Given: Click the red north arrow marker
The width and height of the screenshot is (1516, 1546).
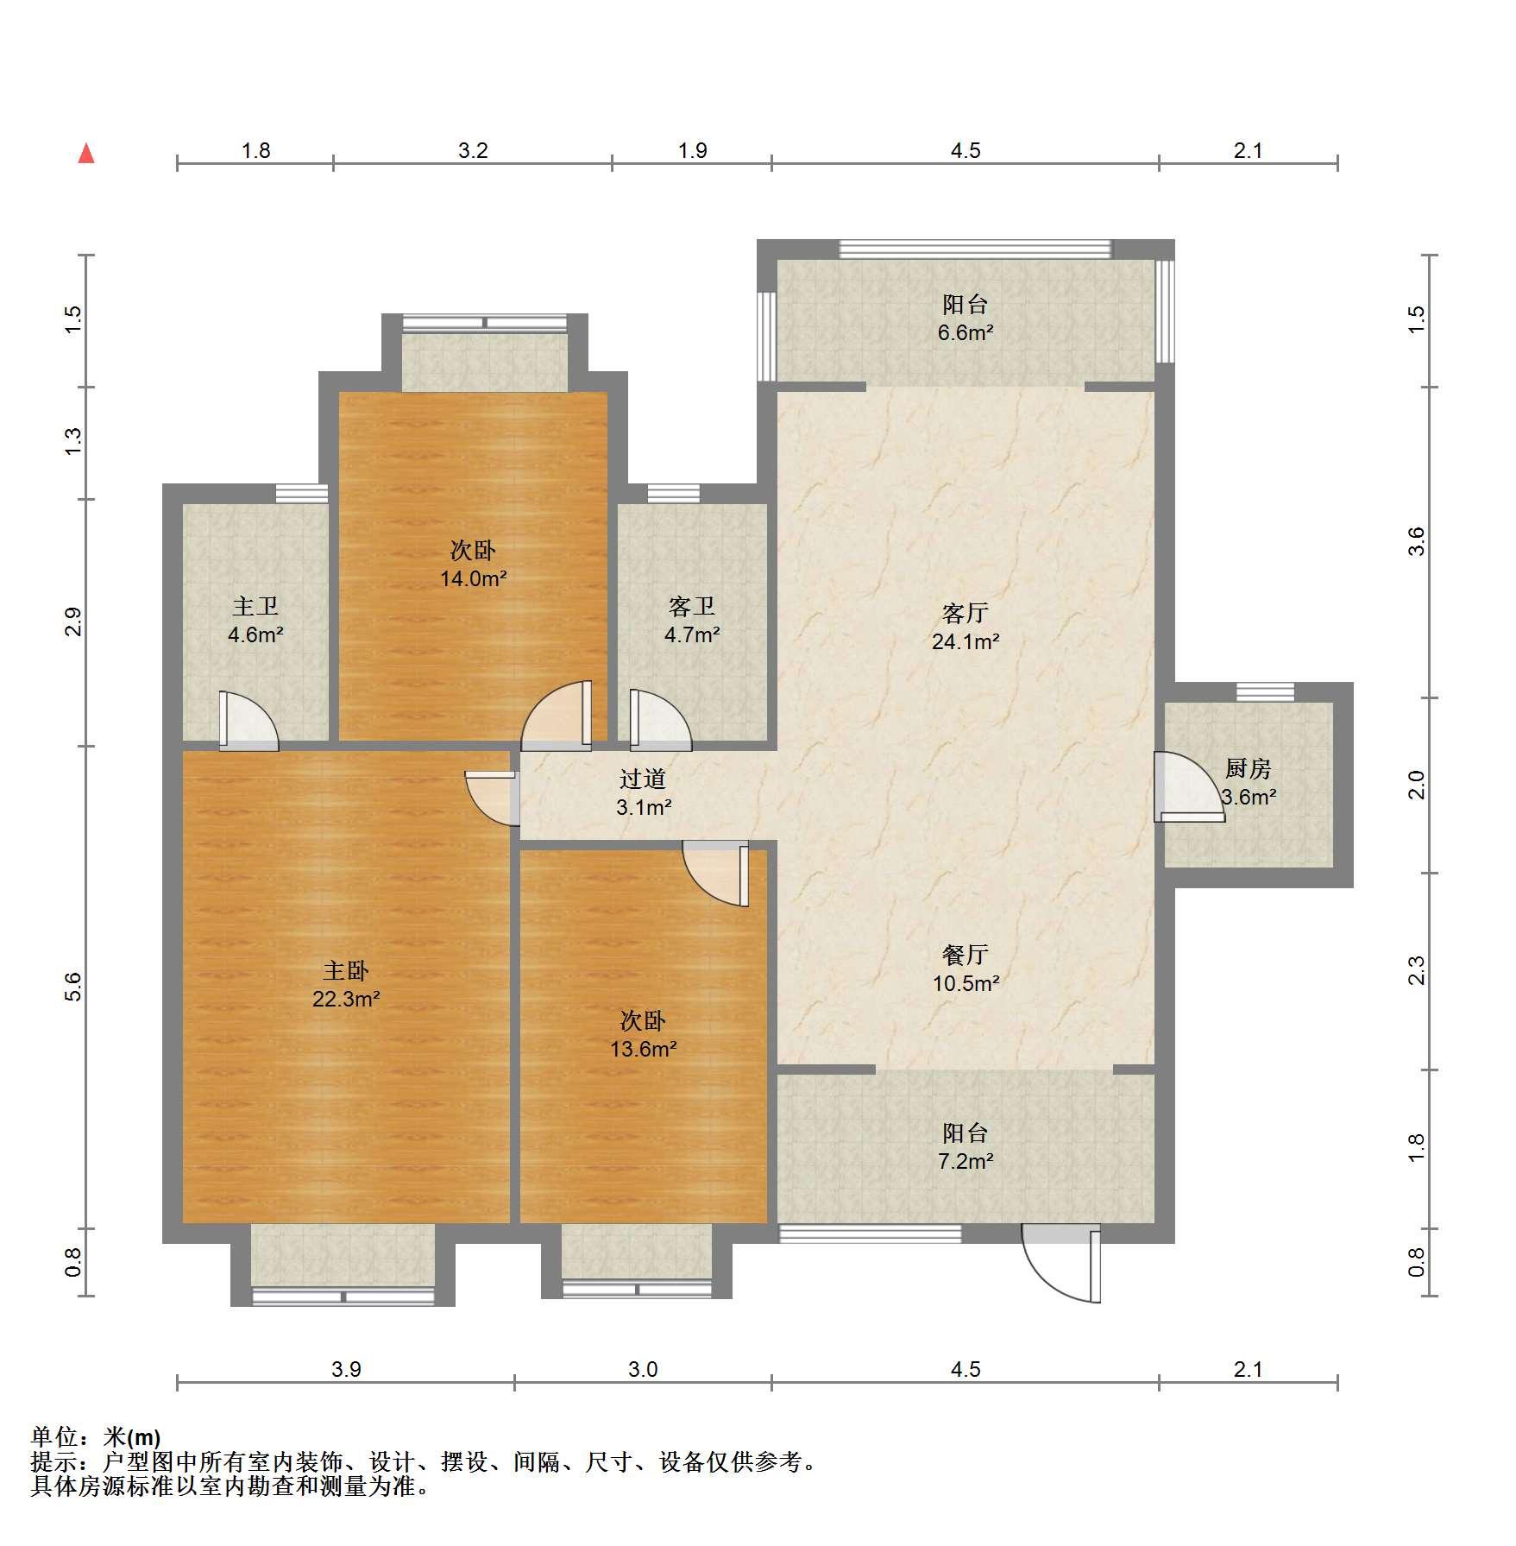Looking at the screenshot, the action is pos(86,154).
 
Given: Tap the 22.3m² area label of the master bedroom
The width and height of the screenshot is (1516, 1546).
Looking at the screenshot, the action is pos(346,999).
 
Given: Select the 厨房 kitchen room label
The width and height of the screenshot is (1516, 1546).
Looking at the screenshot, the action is pos(1248,767).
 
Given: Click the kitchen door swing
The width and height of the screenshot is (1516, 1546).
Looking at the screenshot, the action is pos(1188,786).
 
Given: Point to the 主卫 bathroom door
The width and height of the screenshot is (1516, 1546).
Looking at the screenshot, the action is pos(248,720).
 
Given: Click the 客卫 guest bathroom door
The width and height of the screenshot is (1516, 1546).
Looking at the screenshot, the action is pos(660,718).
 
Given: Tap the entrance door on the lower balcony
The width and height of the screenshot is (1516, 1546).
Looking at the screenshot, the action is pos(1061,1264).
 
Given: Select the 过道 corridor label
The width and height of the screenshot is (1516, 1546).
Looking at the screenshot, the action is pos(643,779).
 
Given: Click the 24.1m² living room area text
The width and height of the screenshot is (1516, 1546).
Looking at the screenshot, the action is pos(966,641).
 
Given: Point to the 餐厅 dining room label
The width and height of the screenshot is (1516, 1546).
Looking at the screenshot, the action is pos(966,955).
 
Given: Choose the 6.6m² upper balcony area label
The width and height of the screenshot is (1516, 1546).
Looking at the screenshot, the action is pos(966,332).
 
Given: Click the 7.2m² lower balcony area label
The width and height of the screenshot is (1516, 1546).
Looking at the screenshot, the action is pos(966,1161).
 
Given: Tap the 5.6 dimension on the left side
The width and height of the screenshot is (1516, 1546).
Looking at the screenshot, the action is pos(74,987).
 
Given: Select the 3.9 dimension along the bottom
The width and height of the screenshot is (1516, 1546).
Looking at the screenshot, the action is pos(346,1369).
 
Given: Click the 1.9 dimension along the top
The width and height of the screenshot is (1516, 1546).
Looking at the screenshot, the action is pos(692,151).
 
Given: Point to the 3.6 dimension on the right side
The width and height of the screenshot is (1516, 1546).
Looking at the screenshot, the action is pos(1416,541).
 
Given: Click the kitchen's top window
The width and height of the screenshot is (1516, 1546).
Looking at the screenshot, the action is pos(1265,691).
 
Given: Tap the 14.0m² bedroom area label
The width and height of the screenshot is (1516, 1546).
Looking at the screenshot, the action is pos(473,578).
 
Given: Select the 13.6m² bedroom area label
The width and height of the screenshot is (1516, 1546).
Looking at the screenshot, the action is pos(643,1049).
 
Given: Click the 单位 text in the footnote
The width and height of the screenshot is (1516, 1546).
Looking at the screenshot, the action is pos(53,1437).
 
